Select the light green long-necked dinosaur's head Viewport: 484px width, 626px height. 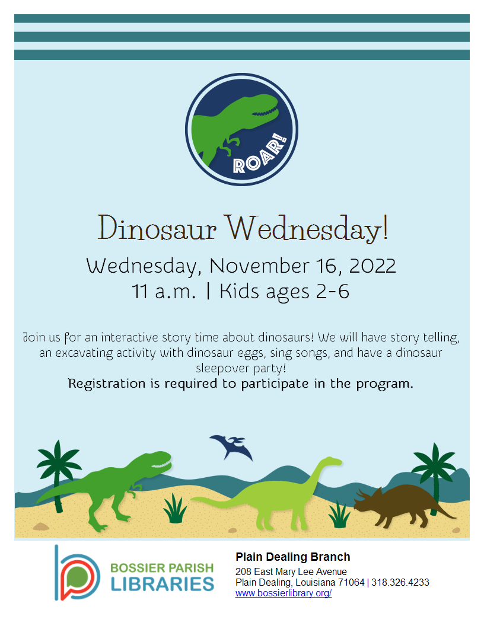point(332,461)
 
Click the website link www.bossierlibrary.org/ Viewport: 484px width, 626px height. point(283,593)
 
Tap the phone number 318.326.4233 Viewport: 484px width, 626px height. point(400,583)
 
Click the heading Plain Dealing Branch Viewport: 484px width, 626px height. point(292,557)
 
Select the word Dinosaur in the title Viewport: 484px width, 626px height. point(157,228)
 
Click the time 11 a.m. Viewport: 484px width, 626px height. point(164,292)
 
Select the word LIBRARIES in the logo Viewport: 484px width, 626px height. point(162,583)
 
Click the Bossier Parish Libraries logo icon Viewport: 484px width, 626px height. point(77,572)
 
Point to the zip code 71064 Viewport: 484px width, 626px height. point(351,583)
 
